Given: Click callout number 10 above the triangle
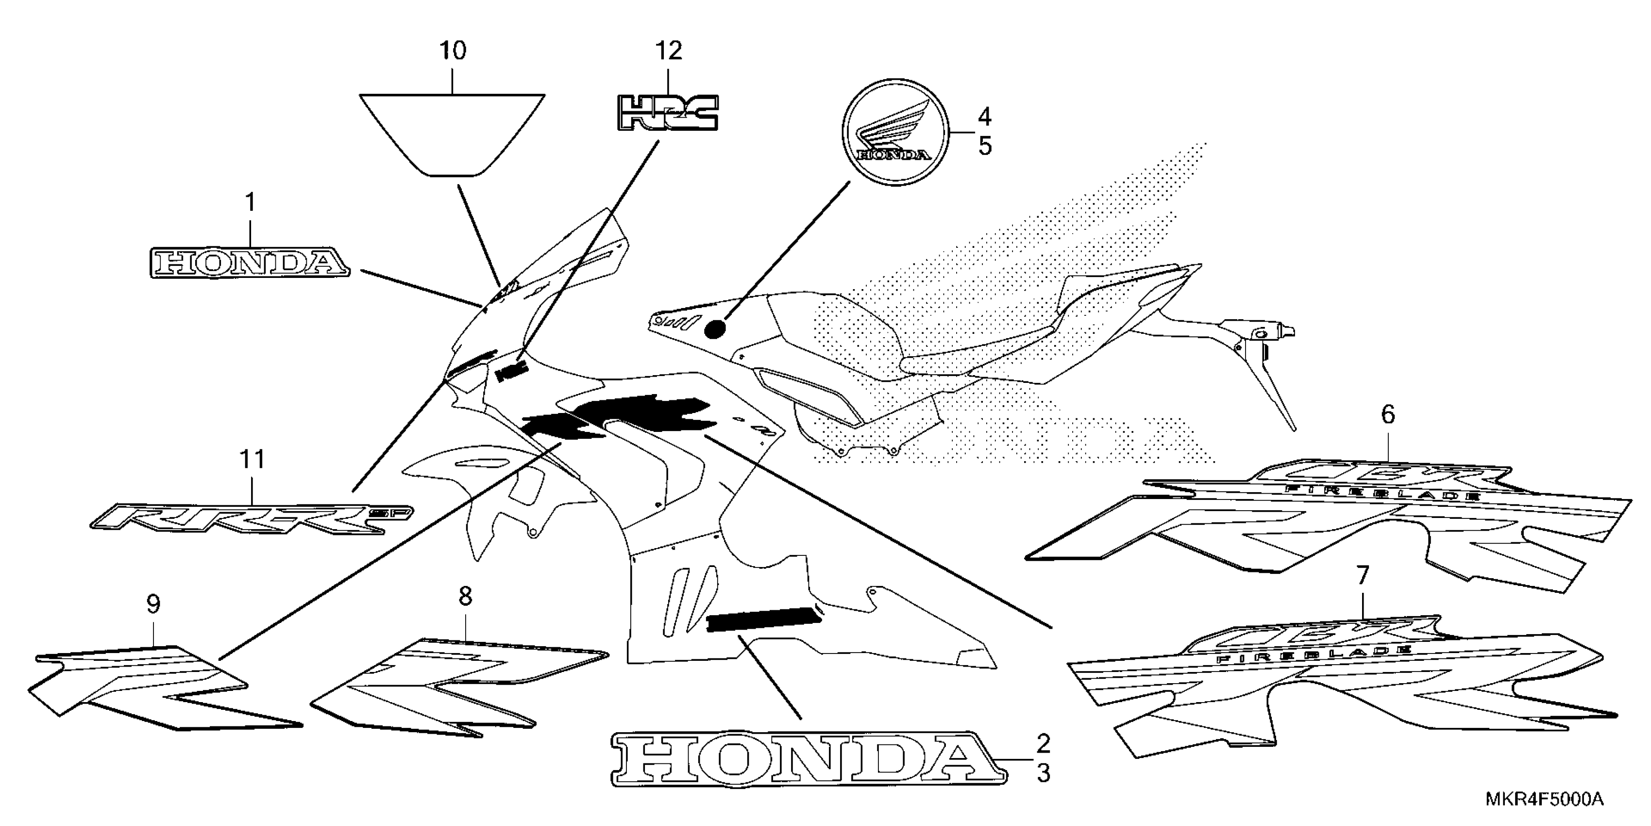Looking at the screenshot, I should click(x=453, y=51).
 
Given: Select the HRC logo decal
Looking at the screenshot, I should click(x=667, y=114).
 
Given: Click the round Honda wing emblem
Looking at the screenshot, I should click(x=895, y=133).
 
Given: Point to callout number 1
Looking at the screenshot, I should click(x=250, y=203).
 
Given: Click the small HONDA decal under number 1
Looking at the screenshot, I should click(x=250, y=263).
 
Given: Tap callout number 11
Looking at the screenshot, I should click(x=252, y=460).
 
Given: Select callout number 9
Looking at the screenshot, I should click(x=153, y=604).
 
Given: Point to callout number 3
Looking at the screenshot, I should click(x=1044, y=774).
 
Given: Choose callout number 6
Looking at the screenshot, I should click(x=1388, y=415).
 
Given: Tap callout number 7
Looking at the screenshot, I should click(x=1362, y=576).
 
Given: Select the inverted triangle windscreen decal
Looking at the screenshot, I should click(x=452, y=132).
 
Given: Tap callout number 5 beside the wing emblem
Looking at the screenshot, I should click(x=984, y=147).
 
